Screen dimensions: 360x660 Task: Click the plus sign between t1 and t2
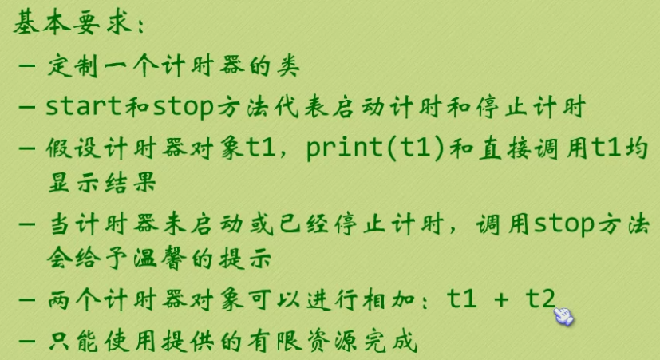pos(500,300)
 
